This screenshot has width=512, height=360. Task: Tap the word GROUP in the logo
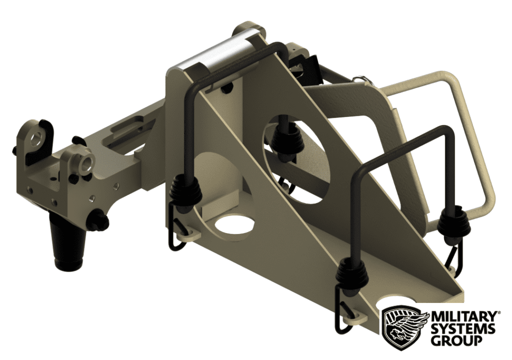pyautogui.click(x=456, y=341)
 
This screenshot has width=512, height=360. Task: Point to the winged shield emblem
pyautogui.click(x=404, y=327)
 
